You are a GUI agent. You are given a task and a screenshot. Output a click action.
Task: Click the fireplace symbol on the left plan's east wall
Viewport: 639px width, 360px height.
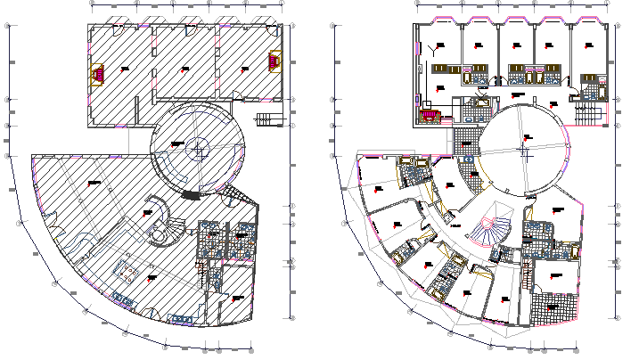tap(274, 61)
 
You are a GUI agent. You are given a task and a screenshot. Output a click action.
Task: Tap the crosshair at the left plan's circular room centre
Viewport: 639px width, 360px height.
tap(197, 147)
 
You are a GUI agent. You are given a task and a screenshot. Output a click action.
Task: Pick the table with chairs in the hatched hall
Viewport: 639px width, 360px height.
tap(129, 269)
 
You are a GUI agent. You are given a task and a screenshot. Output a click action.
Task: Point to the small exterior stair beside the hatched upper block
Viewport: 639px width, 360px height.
tap(265, 119)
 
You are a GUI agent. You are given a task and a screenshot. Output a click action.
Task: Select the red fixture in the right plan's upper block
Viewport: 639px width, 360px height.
tap(431, 113)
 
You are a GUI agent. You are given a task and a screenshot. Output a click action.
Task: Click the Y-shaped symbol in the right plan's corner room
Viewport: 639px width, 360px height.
tap(435, 47)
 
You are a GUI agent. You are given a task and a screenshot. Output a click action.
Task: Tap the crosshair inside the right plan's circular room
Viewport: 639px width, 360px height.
tap(525, 150)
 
